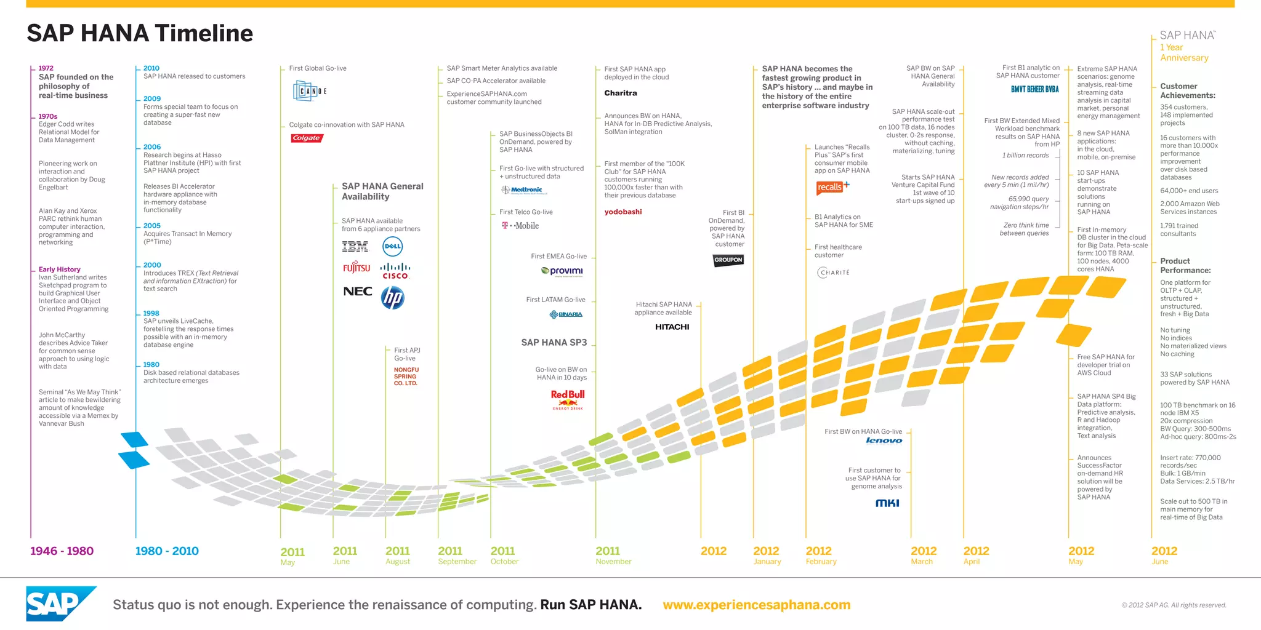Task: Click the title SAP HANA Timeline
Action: coord(140,33)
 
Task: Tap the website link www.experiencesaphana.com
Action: coord(756,605)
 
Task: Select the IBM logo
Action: coord(355,247)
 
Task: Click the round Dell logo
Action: coord(392,246)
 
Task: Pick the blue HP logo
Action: coord(392,298)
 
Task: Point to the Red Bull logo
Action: coord(568,399)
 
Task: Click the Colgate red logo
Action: coord(307,138)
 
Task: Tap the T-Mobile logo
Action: coord(520,226)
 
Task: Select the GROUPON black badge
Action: coord(728,260)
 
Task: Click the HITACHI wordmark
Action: coord(672,327)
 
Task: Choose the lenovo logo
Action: coord(884,441)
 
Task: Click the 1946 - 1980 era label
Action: coord(62,551)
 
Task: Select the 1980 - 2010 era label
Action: coord(167,551)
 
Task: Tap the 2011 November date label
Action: coord(613,555)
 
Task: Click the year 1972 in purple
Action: coord(46,68)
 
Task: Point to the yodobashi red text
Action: coord(623,212)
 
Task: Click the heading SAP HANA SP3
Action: coord(554,342)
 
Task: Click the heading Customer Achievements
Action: coord(1187,90)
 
